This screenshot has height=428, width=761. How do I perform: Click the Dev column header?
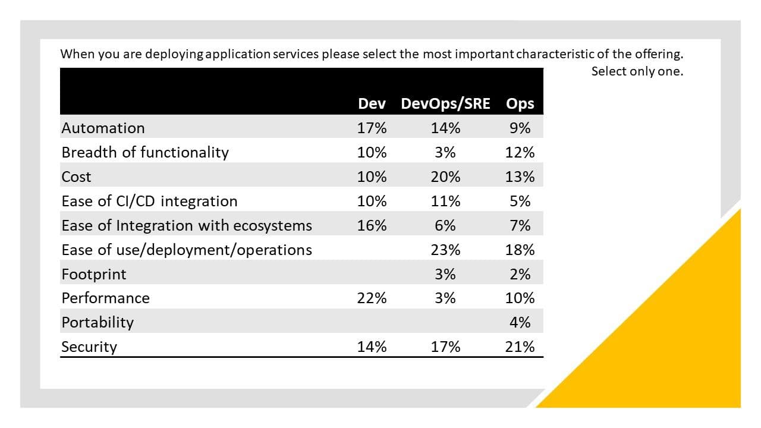pyautogui.click(x=372, y=103)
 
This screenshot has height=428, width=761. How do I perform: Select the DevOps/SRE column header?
pyautogui.click(x=445, y=103)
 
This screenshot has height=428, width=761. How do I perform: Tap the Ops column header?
pyautogui.click(x=520, y=103)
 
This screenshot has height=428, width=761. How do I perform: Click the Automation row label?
pyautogui.click(x=103, y=128)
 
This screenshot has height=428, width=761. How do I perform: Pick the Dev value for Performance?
pyautogui.click(x=372, y=298)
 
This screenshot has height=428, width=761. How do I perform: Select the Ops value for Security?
pyautogui.click(x=520, y=347)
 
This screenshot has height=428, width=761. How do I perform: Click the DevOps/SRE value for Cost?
pyautogui.click(x=445, y=177)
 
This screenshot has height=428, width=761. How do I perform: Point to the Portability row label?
pyautogui.click(x=98, y=322)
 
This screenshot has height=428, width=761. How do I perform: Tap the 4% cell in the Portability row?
pyautogui.click(x=520, y=322)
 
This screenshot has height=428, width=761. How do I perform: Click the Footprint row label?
pyautogui.click(x=94, y=274)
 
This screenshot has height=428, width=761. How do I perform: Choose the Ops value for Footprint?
pyautogui.click(x=520, y=274)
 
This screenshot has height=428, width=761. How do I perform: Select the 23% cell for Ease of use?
pyautogui.click(x=445, y=250)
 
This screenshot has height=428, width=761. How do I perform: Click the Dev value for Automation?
pyautogui.click(x=372, y=128)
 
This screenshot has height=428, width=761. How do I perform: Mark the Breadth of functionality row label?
pyautogui.click(x=145, y=152)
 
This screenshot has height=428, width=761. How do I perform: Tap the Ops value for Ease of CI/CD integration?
pyautogui.click(x=520, y=201)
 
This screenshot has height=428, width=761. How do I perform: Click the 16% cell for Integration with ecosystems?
pyautogui.click(x=372, y=225)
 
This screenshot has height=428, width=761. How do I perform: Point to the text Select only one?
pyautogui.click(x=637, y=71)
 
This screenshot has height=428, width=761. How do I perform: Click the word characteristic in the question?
pyautogui.click(x=555, y=54)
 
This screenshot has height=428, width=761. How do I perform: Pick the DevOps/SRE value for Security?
pyautogui.click(x=445, y=347)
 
